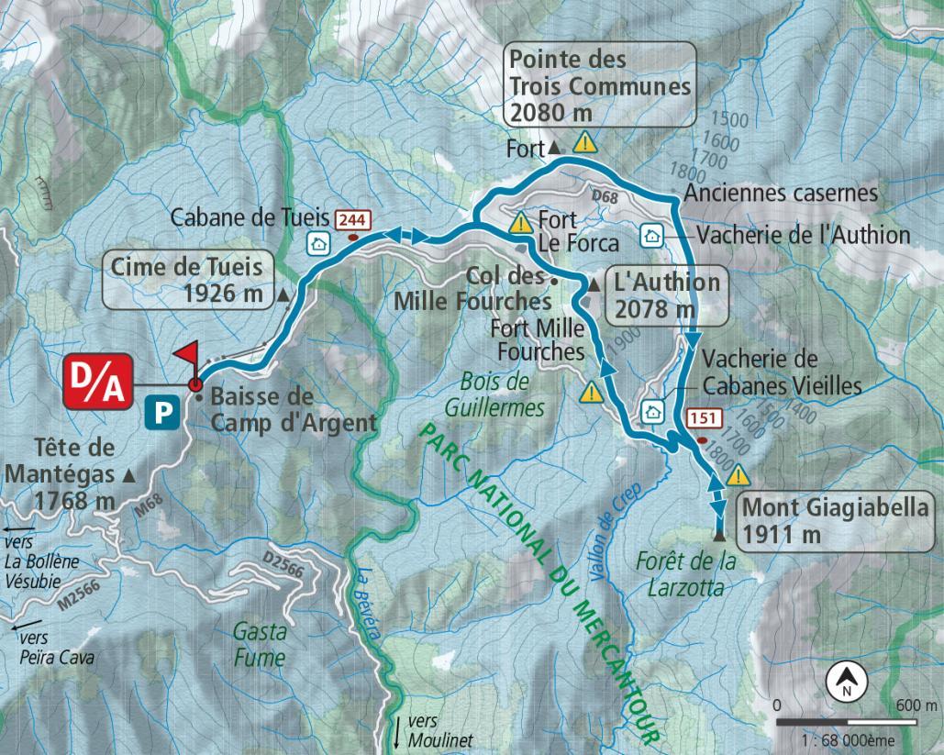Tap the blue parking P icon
(x=161, y=413)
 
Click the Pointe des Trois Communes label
(x=600, y=86)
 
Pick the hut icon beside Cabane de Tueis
(x=318, y=243)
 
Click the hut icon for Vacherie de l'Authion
(x=651, y=235)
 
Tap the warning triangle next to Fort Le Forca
(x=521, y=222)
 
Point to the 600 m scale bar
(x=847, y=722)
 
